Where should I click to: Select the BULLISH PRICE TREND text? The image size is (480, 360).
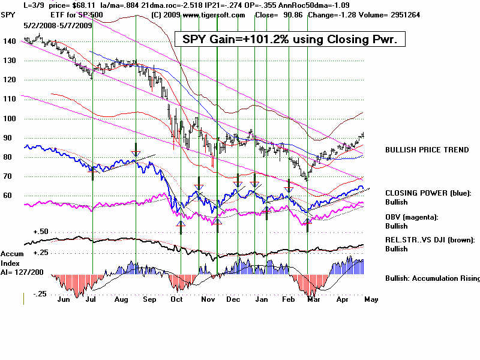(427, 149)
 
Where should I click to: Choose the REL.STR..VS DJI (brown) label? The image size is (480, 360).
(430, 239)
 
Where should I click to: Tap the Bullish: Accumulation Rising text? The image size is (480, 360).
(433, 278)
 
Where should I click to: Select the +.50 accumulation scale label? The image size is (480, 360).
(41, 232)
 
